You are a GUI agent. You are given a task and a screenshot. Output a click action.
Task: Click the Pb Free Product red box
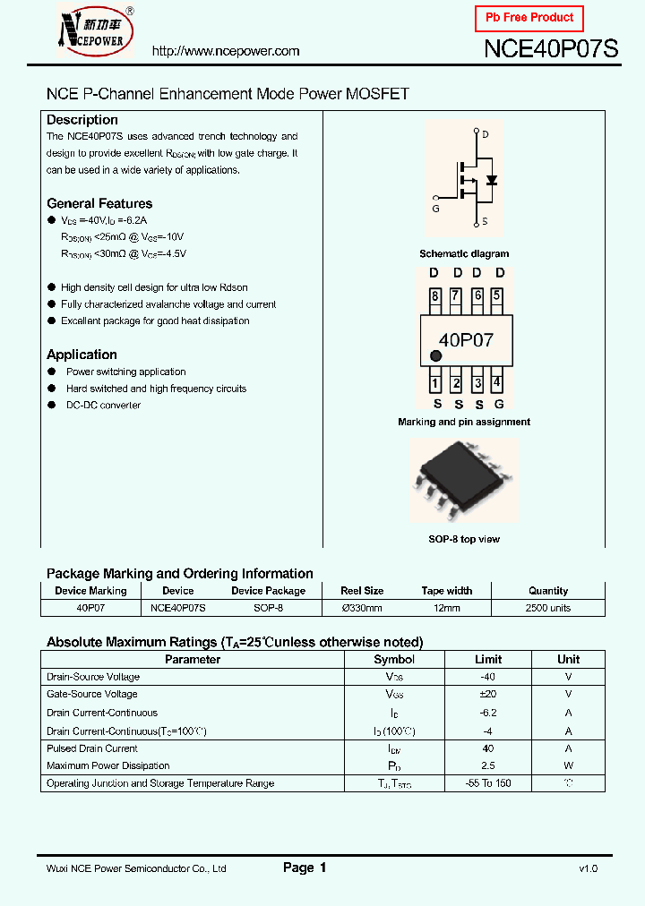529,18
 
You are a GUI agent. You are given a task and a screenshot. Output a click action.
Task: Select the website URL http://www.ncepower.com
226,51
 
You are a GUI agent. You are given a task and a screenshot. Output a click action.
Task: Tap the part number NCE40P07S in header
551,50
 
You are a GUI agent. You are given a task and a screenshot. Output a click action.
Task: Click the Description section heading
82,120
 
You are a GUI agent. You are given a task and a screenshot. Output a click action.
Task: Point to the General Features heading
99,203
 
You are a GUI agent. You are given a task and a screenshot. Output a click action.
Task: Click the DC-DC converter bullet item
103,406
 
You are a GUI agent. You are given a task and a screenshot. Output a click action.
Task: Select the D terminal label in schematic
486,134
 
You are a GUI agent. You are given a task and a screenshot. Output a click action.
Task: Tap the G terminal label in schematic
435,209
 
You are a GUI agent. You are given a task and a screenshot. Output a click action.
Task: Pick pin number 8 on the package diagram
434,296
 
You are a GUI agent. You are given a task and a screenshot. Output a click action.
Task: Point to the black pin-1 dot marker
435,355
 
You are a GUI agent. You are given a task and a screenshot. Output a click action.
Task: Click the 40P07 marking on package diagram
465,339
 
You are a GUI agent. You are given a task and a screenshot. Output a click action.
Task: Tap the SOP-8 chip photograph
463,481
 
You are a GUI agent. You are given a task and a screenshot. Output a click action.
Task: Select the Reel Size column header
362,591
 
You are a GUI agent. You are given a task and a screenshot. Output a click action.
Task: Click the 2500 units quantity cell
547,608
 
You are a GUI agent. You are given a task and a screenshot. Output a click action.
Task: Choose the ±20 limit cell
487,695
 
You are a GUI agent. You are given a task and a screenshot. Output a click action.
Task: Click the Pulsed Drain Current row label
92,748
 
